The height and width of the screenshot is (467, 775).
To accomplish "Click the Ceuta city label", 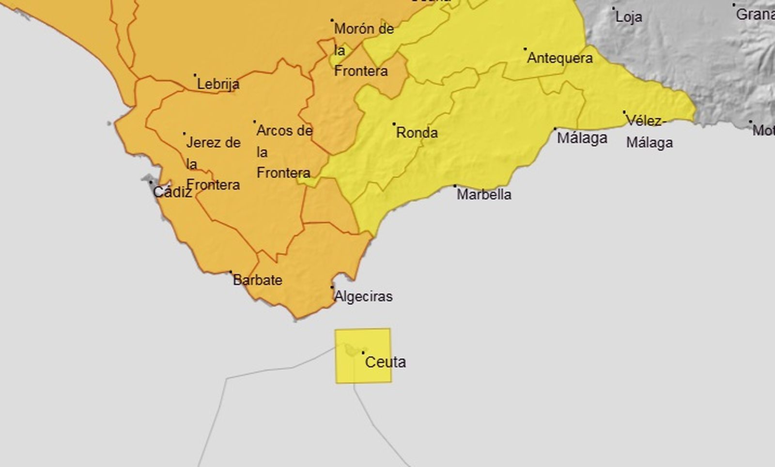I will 385,362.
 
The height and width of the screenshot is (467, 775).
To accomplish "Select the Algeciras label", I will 363,296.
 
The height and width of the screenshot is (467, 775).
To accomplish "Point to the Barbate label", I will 257,280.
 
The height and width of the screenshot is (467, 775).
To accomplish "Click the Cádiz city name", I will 172,192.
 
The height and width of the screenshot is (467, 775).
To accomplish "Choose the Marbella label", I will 484,194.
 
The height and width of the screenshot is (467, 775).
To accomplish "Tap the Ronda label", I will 417,133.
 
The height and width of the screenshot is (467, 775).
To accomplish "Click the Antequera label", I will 559,58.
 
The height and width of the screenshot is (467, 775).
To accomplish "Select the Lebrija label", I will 218,84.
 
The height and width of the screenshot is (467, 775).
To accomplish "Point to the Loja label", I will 629,17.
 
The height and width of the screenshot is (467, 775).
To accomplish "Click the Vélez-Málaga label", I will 649,132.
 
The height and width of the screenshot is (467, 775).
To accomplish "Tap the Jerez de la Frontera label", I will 213,163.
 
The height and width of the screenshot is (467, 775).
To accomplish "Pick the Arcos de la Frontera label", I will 284,151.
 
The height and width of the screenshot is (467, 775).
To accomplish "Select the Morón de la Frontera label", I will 363,50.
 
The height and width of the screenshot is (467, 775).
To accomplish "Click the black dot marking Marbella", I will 455,186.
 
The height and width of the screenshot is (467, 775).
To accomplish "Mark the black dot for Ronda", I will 394,124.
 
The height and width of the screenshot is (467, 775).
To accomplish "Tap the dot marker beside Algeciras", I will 332,287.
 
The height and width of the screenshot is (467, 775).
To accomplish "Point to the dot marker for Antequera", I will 525,49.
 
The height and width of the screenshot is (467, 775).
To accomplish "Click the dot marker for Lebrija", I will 195,75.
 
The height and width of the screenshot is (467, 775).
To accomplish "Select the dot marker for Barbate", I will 231,272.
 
